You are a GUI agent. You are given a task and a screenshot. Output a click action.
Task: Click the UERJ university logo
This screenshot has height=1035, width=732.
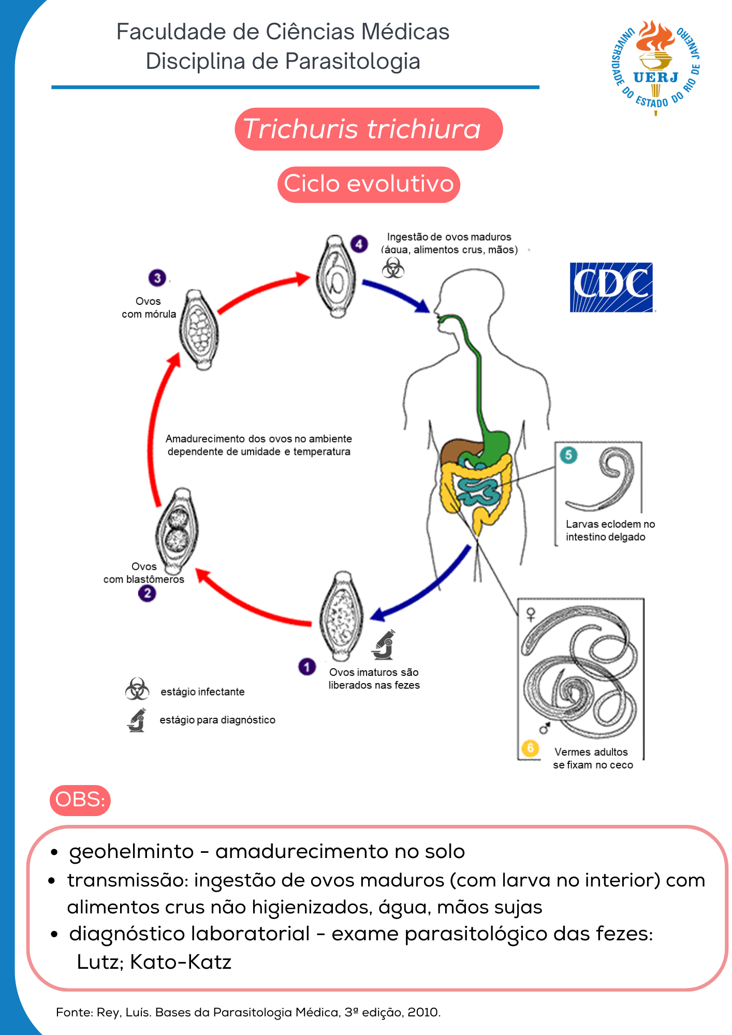[x=656, y=67]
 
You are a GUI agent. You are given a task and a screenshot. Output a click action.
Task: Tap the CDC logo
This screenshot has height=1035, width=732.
[x=611, y=287]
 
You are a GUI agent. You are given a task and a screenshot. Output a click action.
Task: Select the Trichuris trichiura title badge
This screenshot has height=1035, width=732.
[x=368, y=129]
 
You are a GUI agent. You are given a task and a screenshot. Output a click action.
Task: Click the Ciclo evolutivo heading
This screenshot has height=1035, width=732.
[x=369, y=184]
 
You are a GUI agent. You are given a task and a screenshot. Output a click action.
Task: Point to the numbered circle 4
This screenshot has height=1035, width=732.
[x=359, y=244]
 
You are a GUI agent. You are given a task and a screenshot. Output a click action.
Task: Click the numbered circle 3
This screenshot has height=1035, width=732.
[x=157, y=278]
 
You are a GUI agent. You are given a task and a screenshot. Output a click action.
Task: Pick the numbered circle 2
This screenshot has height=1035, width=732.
[x=147, y=593]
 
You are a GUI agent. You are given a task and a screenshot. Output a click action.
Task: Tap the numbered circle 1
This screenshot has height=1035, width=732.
[x=306, y=667]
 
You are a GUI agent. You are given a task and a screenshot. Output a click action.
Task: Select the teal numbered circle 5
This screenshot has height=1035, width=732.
[x=568, y=455]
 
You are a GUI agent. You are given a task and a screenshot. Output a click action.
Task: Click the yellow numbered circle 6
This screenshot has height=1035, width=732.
[x=530, y=748]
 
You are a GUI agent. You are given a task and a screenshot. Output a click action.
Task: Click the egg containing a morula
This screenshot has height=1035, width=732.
[x=199, y=330]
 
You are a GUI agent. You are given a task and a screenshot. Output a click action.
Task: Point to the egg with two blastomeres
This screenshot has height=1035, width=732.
[x=178, y=529]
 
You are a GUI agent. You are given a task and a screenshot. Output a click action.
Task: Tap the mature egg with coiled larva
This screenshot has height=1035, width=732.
[x=336, y=277]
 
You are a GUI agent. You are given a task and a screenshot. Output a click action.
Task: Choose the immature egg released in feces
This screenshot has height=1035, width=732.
[x=341, y=616]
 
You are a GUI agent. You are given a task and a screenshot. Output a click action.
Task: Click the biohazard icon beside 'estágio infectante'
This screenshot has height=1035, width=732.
[x=137, y=689]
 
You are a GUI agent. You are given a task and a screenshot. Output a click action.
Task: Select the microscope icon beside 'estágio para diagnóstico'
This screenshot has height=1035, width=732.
[x=137, y=720]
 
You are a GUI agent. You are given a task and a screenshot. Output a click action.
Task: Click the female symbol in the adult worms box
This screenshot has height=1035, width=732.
[x=531, y=614]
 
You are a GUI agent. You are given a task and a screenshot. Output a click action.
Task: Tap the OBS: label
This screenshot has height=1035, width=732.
[x=80, y=800]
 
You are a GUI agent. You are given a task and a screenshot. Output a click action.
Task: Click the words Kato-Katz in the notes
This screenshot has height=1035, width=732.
[x=181, y=962]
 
